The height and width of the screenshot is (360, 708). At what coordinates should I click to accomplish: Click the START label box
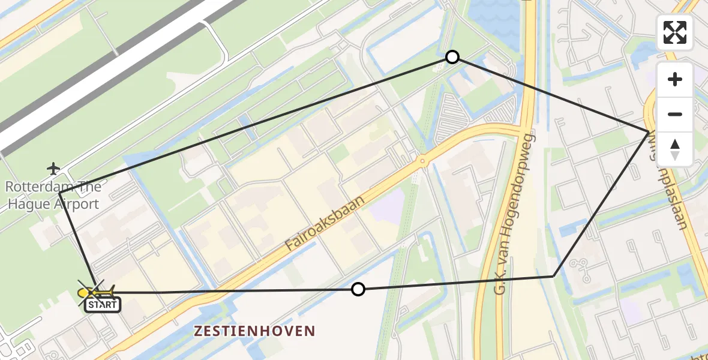[103, 305]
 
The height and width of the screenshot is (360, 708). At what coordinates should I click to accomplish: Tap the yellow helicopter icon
[95, 292]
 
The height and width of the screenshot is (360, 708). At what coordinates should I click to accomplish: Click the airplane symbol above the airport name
[54, 167]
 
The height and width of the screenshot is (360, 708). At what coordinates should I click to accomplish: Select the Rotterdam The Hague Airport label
[53, 196]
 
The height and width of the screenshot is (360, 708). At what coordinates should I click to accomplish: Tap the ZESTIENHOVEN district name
[254, 331]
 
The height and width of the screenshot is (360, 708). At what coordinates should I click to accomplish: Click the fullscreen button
[675, 32]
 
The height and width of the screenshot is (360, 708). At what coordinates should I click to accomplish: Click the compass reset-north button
[675, 149]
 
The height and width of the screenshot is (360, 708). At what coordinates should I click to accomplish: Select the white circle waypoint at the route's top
[452, 57]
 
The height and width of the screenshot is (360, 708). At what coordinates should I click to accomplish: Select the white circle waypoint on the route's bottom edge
[358, 289]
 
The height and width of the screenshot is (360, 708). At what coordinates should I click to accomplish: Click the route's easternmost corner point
[649, 131]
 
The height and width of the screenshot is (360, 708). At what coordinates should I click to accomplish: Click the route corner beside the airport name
[59, 193]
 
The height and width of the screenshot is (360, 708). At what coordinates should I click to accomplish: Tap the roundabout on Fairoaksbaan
[422, 161]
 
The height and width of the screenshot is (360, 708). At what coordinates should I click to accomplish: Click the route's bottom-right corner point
[553, 276]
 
